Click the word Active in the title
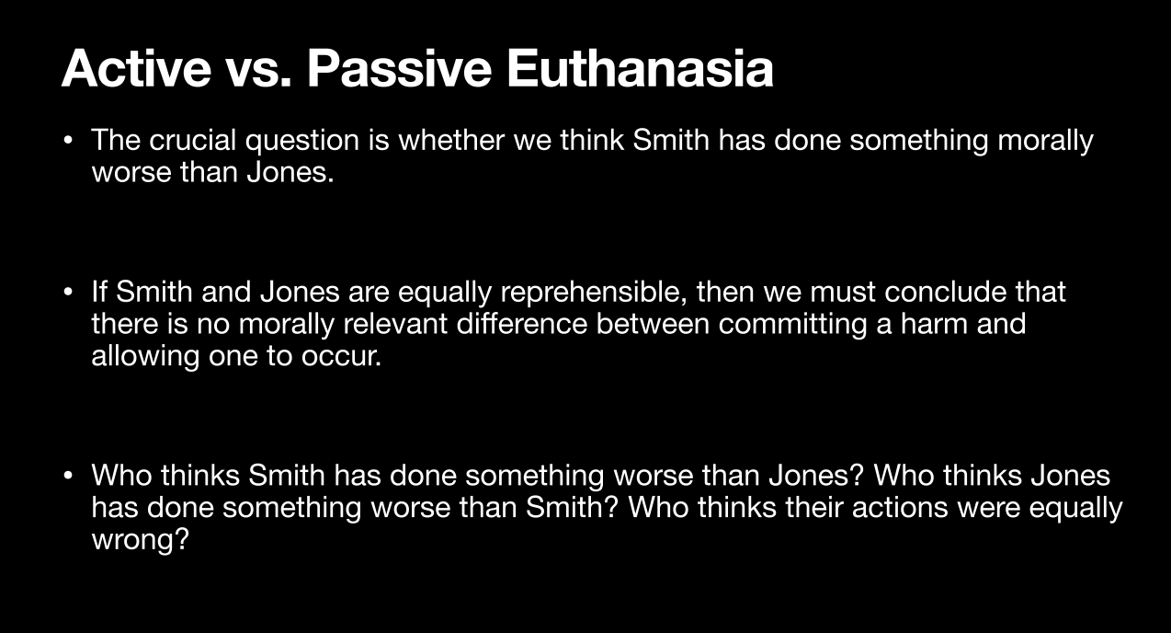(136, 68)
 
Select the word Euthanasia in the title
(641, 68)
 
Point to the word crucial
(192, 140)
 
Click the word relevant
(395, 324)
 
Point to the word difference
(522, 324)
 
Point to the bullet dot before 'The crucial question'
(67, 141)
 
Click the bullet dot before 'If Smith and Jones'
(67, 293)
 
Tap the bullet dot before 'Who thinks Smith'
(67, 476)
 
